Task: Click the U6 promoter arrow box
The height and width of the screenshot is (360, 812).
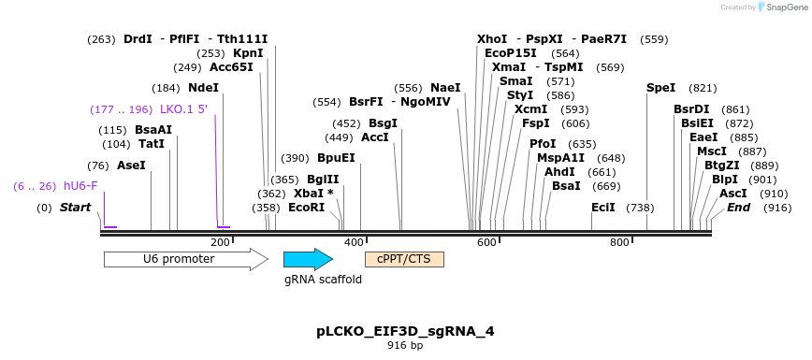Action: (185, 259)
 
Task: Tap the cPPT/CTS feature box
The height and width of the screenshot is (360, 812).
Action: (404, 259)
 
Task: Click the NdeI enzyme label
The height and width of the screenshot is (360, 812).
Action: (203, 88)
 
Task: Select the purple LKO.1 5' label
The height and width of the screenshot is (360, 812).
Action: (183, 109)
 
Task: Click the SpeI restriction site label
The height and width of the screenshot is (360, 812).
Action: (660, 88)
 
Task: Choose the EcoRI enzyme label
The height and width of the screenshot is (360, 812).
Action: (306, 208)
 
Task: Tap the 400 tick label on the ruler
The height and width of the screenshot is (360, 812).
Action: (354, 243)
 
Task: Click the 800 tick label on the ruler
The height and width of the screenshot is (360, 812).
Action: (619, 243)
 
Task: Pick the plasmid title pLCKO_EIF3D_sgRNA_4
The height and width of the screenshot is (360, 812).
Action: (406, 331)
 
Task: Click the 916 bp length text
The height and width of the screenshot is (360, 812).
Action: (405, 346)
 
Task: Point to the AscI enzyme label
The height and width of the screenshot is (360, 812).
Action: (733, 194)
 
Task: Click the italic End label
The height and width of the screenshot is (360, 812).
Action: (738, 208)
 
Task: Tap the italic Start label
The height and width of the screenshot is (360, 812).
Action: (76, 208)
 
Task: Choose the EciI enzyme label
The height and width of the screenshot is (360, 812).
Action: (602, 208)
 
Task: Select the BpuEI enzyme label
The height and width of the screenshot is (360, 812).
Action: (336, 158)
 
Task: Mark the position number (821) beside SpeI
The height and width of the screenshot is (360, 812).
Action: (703, 88)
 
